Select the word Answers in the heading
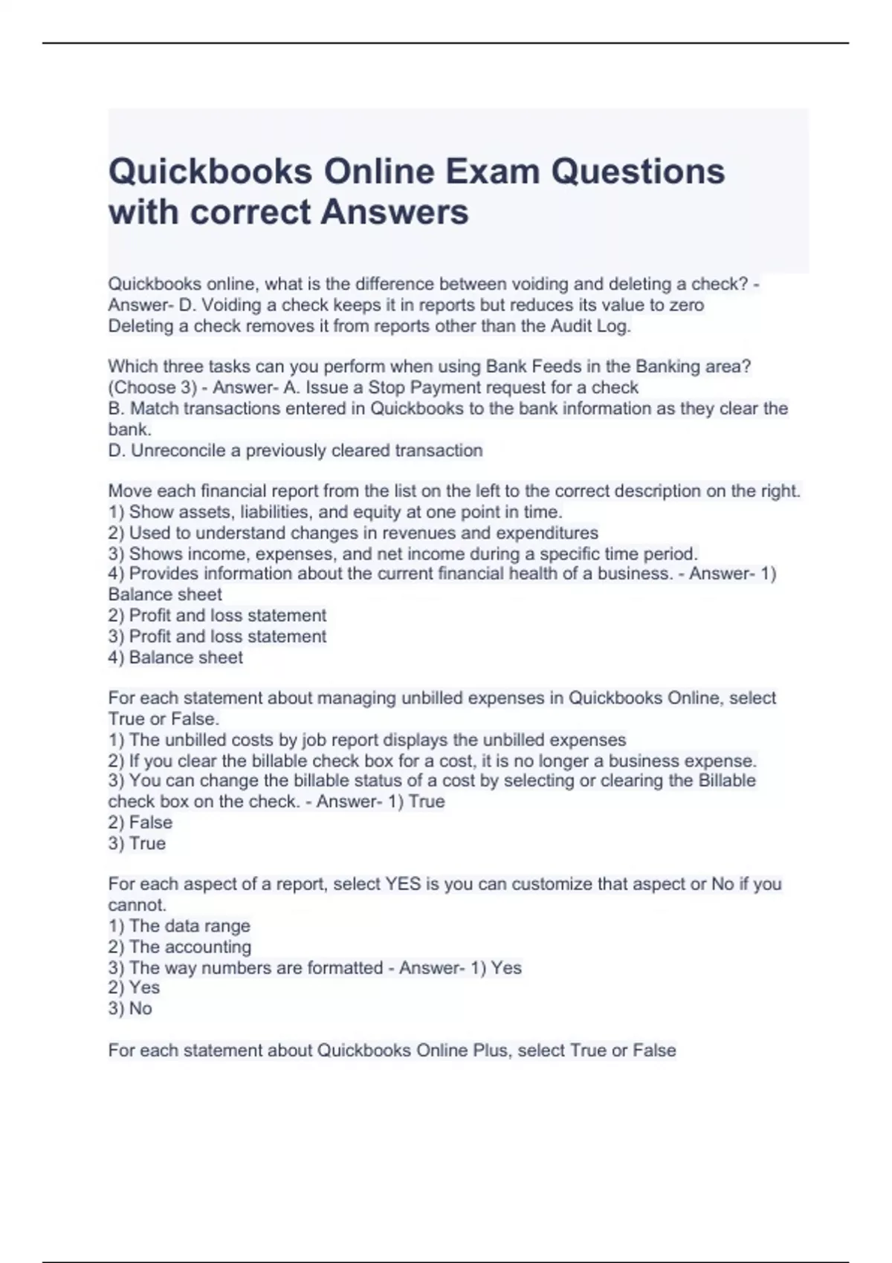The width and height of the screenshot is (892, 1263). (395, 212)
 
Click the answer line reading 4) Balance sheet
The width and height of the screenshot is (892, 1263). (175, 658)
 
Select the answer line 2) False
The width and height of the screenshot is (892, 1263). (140, 823)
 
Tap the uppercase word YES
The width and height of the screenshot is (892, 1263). (403, 885)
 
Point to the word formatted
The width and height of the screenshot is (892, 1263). (346, 968)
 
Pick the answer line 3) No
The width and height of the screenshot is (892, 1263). (130, 1009)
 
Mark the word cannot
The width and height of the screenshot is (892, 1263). (137, 906)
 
